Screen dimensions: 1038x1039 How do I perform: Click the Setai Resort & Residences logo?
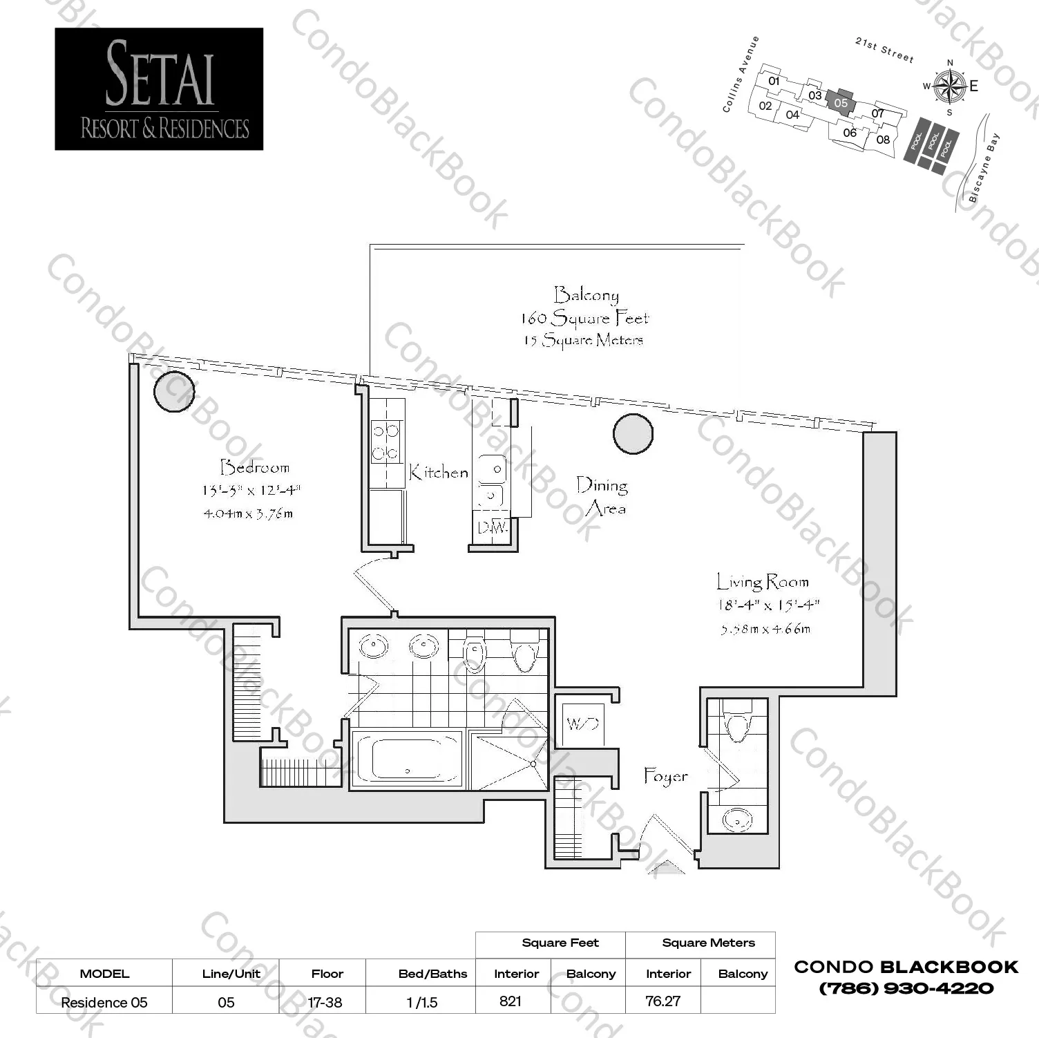(159, 89)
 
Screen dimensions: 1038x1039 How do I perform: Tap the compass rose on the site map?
(949, 86)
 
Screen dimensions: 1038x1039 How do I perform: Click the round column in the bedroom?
(173, 391)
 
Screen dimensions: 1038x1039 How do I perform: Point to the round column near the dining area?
(633, 434)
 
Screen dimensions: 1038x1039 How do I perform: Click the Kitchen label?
(438, 473)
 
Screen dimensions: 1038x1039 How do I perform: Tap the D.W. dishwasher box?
(493, 528)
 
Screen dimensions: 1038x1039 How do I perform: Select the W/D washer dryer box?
(582, 724)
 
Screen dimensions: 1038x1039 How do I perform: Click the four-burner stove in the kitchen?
(386, 442)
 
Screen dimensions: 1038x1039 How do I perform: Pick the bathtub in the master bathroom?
(407, 759)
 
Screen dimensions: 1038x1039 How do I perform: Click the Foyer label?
(665, 776)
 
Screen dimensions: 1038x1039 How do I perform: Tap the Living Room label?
(762, 582)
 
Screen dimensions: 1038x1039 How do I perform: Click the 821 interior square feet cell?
(511, 1001)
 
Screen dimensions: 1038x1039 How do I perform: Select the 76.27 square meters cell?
(663, 1001)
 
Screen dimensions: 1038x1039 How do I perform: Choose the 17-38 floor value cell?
(325, 1002)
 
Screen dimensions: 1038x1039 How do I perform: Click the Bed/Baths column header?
(432, 974)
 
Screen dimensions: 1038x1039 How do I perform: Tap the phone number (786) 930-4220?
(906, 988)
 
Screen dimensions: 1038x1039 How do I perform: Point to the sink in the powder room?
(736, 820)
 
